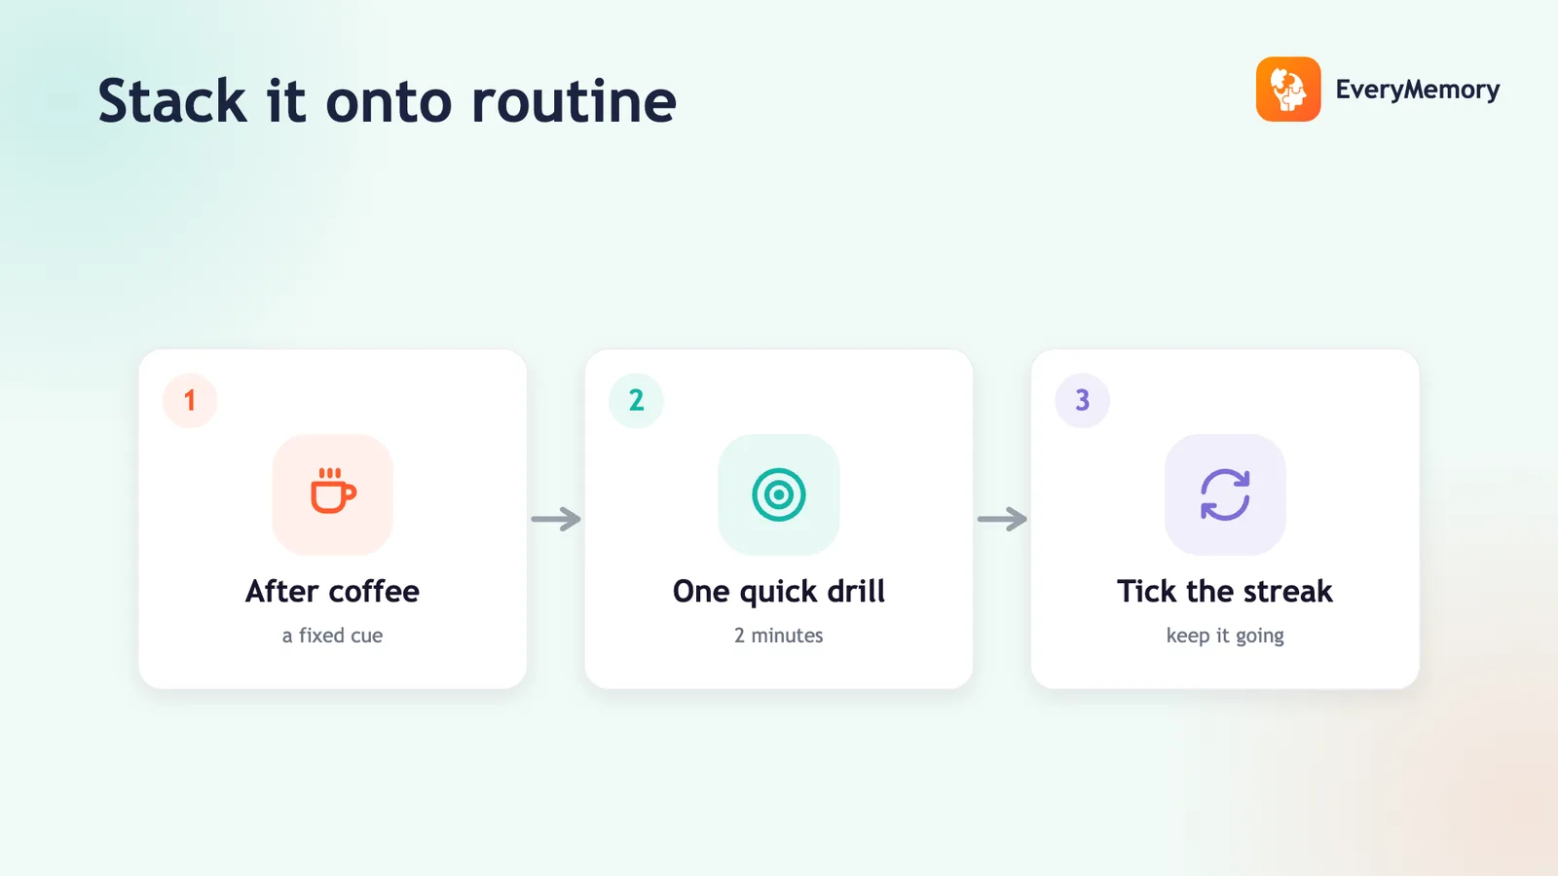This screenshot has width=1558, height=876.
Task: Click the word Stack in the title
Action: pyautogui.click(x=172, y=101)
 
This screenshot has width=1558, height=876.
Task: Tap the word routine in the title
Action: pyautogui.click(x=574, y=101)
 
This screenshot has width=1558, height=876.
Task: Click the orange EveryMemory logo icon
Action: pyautogui.click(x=1288, y=89)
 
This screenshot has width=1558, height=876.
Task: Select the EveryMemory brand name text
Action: pyautogui.click(x=1418, y=90)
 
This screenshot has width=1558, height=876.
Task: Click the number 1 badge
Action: pyautogui.click(x=190, y=400)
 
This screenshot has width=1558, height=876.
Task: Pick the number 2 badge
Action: pyautogui.click(x=637, y=400)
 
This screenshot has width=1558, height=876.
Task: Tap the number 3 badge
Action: pyautogui.click(x=1082, y=400)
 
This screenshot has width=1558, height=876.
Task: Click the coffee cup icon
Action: pyautogui.click(x=333, y=491)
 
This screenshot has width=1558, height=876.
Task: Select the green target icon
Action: pyautogui.click(x=779, y=494)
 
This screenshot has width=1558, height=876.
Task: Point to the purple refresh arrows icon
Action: pyautogui.click(x=1225, y=494)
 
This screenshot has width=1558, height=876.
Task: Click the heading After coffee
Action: pyautogui.click(x=332, y=591)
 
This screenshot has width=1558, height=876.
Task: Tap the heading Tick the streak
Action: pyautogui.click(x=1225, y=591)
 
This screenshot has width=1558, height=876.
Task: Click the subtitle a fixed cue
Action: pyautogui.click(x=332, y=636)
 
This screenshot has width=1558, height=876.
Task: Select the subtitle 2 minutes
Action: pyautogui.click(x=779, y=636)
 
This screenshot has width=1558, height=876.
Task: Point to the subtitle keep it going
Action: pyautogui.click(x=1225, y=637)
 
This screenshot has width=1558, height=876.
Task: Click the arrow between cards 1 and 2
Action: pyautogui.click(x=556, y=519)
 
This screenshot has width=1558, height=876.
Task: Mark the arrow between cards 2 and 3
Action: pyautogui.click(x=1002, y=519)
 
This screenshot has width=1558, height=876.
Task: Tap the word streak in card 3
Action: pyautogui.click(x=1288, y=591)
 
